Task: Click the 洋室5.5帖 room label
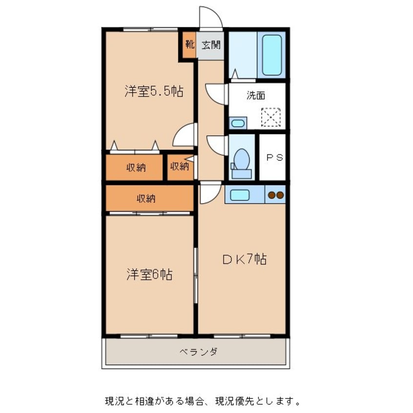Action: point(153,91)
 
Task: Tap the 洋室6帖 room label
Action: point(149,275)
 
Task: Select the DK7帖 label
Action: point(245,260)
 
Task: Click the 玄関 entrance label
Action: point(211,45)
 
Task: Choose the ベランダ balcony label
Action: point(198,351)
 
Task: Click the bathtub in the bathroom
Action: point(272,55)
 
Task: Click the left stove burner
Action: point(271,195)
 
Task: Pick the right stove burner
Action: point(280,195)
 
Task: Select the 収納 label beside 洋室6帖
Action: point(145,198)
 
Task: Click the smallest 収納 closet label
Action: point(179,166)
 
